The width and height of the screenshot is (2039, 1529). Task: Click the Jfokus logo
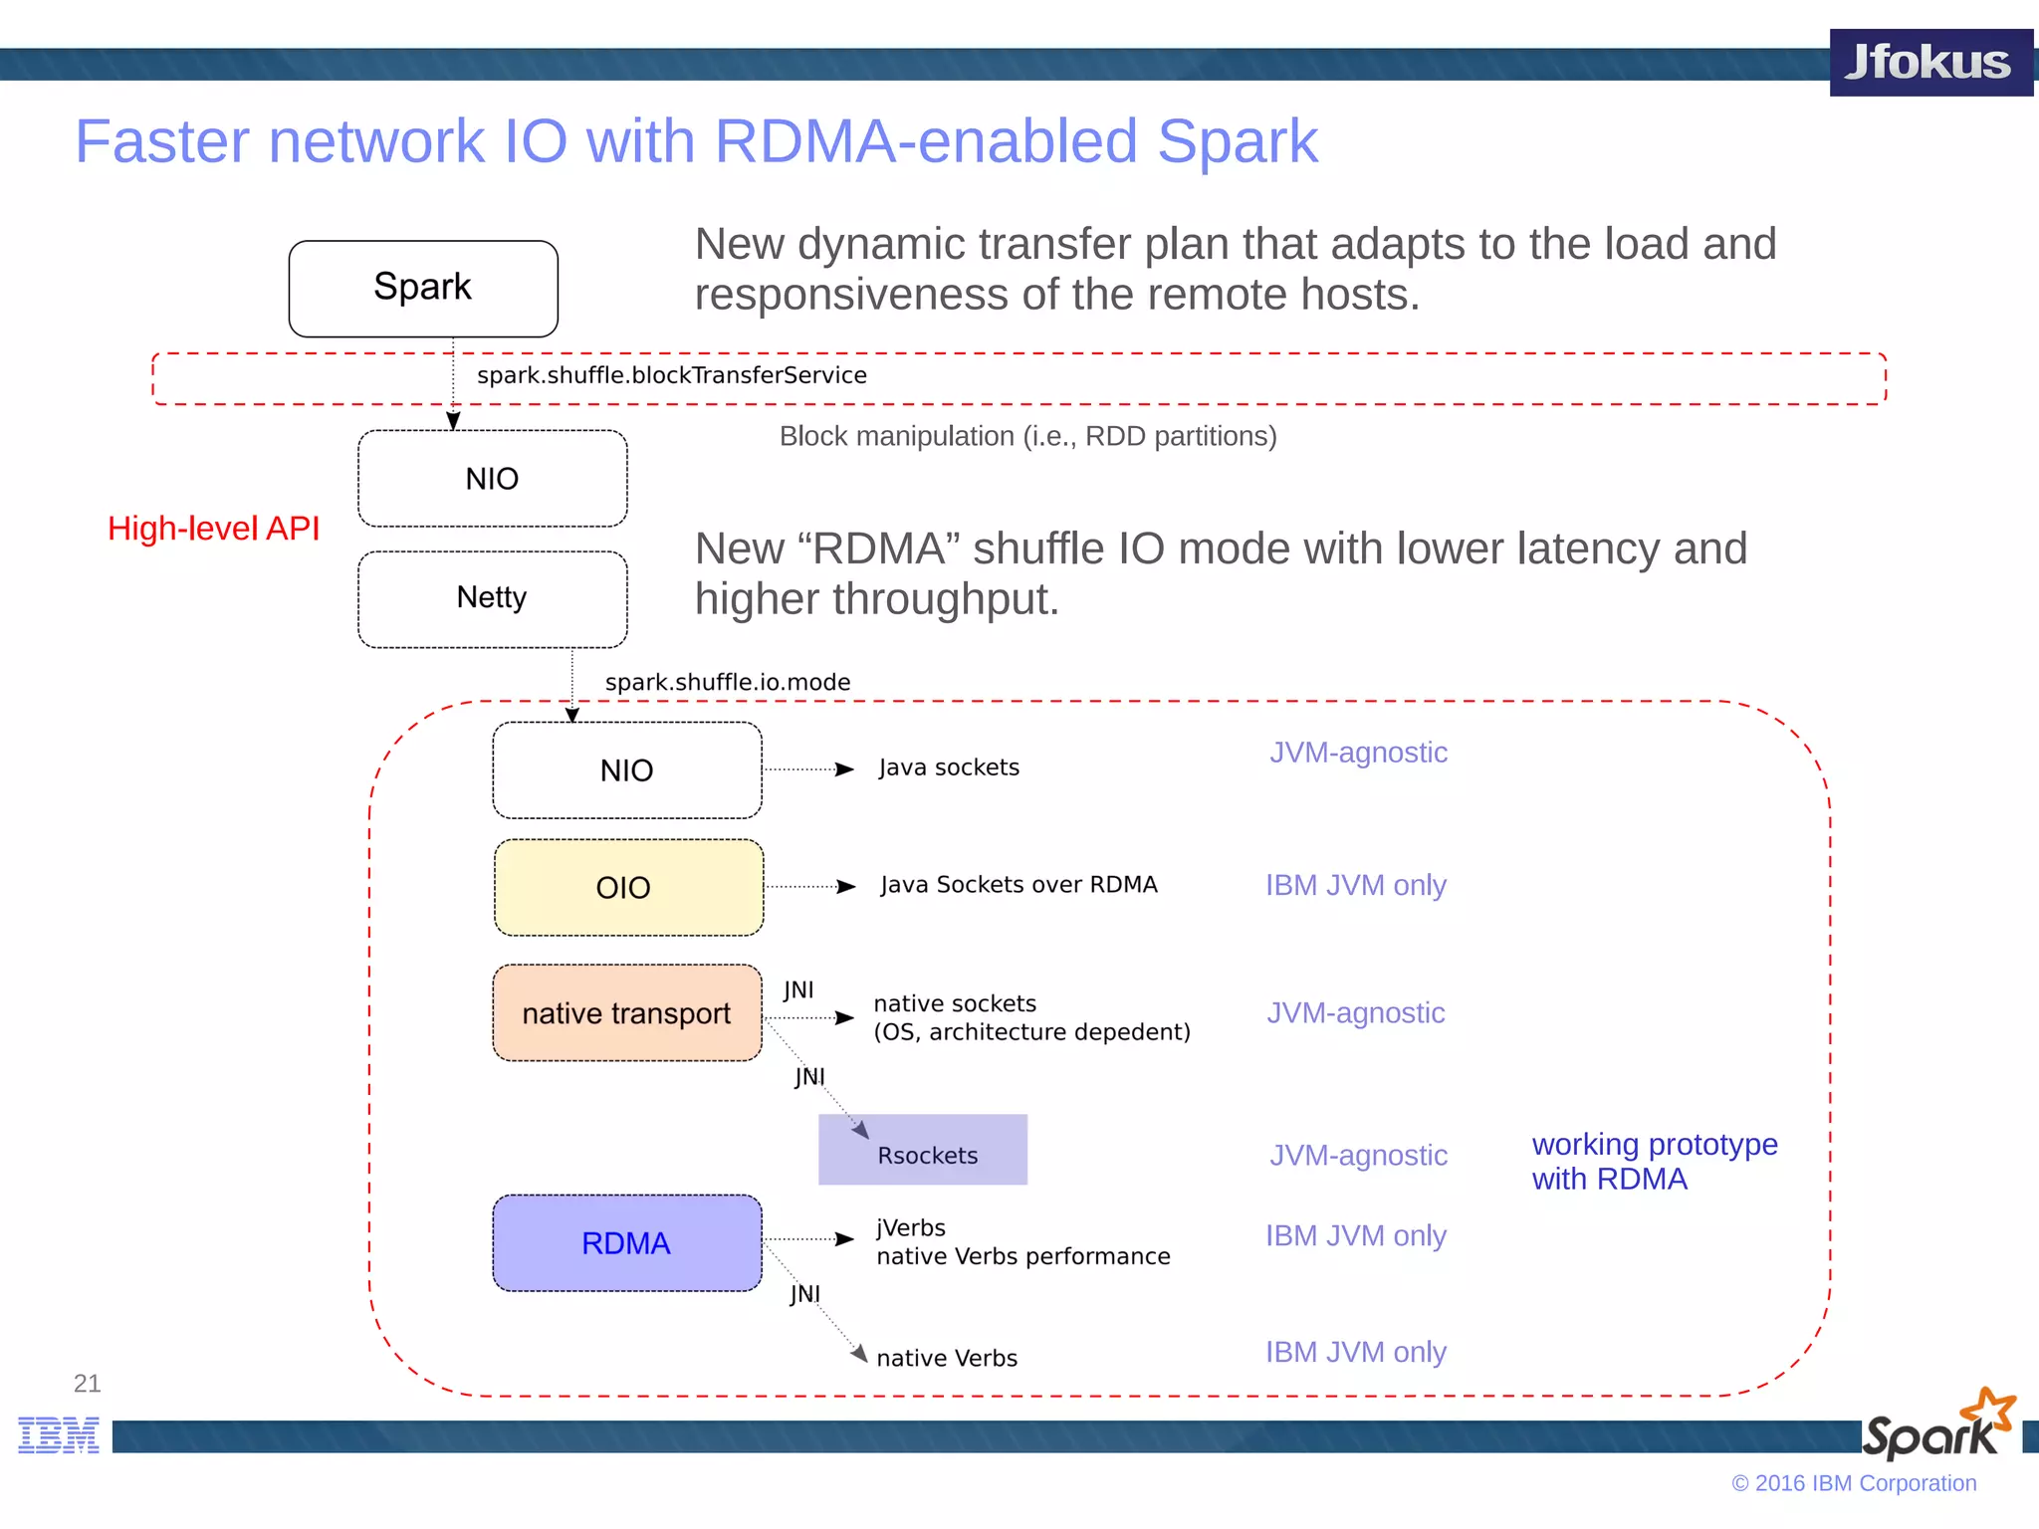click(1929, 63)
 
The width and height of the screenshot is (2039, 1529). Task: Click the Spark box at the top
click(423, 288)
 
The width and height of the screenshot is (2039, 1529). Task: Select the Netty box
click(492, 598)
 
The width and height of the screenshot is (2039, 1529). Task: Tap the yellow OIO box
click(628, 887)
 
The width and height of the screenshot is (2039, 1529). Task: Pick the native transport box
click(627, 1012)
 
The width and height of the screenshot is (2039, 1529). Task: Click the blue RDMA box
click(627, 1242)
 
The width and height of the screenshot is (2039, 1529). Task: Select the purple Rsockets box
click(923, 1150)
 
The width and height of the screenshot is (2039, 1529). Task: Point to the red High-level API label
click(214, 529)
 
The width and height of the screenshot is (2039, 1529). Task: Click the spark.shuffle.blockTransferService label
click(672, 375)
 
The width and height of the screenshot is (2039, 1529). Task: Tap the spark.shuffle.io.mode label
click(728, 682)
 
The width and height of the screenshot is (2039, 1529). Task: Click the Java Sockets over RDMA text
click(1019, 885)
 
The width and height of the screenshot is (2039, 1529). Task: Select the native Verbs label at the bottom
click(947, 1358)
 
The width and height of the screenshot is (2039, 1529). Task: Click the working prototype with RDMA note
click(1654, 1162)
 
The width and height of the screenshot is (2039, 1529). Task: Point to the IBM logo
click(59, 1434)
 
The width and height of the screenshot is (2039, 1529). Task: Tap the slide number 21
click(87, 1383)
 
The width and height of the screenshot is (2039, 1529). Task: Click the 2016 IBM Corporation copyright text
click(1854, 1483)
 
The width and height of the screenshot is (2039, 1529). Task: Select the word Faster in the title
click(162, 141)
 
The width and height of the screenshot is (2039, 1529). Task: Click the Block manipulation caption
click(1027, 436)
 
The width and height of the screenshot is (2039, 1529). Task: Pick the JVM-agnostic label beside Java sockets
click(1358, 753)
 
